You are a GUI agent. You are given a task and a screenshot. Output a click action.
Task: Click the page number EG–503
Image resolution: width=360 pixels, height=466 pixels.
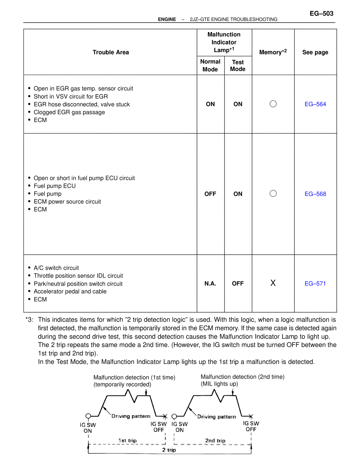[x=321, y=14]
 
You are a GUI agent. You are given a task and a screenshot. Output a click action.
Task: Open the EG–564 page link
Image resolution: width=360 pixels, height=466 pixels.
[x=315, y=104]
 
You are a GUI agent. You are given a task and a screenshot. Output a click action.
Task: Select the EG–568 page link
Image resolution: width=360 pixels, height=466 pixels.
[x=315, y=194]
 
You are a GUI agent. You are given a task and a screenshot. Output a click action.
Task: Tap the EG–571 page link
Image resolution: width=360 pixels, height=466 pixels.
[x=315, y=283]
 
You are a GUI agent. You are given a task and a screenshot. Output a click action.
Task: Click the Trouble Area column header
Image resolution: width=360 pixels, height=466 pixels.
[x=111, y=52]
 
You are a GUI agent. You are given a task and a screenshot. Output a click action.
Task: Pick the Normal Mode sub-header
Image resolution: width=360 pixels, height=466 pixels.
[x=210, y=65]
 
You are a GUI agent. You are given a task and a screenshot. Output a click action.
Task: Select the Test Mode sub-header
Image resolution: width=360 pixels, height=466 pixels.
[x=238, y=66]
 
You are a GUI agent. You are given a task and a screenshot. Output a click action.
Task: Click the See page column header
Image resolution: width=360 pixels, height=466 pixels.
[x=315, y=52]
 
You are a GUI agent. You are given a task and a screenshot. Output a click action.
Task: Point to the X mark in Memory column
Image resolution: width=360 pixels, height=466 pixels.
[x=273, y=283]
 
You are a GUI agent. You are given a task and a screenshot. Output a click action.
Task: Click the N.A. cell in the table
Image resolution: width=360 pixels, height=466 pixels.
[x=210, y=283]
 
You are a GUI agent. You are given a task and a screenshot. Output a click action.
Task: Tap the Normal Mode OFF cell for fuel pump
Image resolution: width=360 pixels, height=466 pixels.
[x=210, y=194]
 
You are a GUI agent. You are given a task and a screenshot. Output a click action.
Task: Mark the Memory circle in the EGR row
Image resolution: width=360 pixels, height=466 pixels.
[x=273, y=104]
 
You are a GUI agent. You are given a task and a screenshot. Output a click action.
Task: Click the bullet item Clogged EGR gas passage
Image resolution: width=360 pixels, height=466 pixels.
[x=69, y=112]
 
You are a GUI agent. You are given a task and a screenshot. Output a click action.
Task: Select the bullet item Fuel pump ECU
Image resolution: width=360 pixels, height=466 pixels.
[x=55, y=186]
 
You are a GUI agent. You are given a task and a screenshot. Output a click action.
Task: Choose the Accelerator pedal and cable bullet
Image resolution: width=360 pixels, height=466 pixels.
[x=70, y=292]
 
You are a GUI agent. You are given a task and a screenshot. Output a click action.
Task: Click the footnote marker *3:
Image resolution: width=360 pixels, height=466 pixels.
[x=29, y=320]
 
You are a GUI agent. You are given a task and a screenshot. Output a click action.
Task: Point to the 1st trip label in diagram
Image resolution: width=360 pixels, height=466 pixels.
[x=127, y=440]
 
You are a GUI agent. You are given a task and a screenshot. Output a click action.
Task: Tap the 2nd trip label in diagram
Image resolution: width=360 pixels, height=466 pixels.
[x=215, y=440]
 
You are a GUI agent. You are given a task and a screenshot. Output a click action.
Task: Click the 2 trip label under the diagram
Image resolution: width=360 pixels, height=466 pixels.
[x=169, y=450]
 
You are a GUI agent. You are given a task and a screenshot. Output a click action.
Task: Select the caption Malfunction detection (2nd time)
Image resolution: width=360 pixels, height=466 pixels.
[x=242, y=377]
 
